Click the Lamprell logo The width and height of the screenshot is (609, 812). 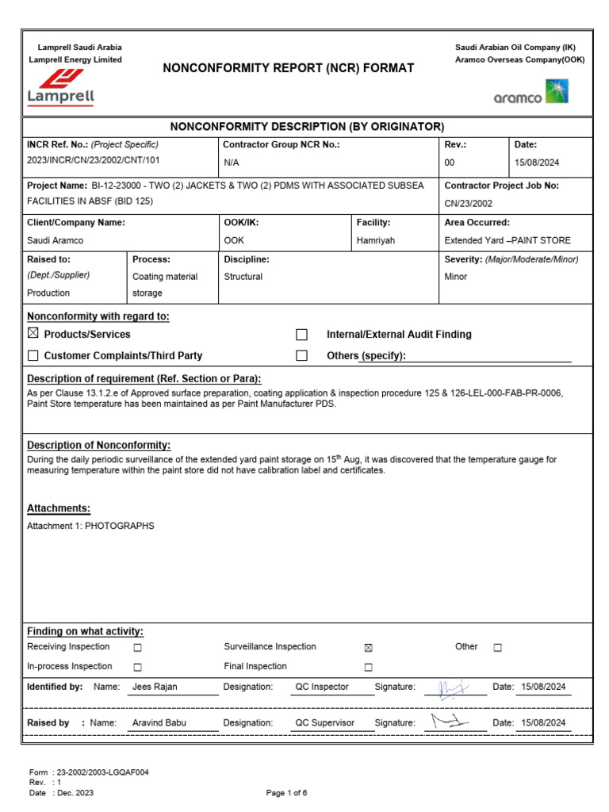(x=61, y=87)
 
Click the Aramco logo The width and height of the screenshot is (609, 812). (x=530, y=94)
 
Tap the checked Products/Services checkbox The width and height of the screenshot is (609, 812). (x=33, y=334)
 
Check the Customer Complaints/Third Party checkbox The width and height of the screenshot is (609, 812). (x=33, y=355)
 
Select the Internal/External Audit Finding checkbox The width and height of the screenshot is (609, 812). (x=301, y=335)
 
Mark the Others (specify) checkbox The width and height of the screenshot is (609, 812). (x=301, y=356)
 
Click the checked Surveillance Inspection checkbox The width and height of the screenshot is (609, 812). (x=368, y=648)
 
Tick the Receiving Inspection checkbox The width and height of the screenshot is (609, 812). (x=137, y=648)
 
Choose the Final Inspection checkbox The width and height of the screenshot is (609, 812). (x=368, y=667)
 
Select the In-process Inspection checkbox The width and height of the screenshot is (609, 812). (x=137, y=667)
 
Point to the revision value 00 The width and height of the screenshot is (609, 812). (x=450, y=162)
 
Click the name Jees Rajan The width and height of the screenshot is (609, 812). (x=155, y=687)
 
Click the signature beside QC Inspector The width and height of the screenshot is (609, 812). (x=454, y=686)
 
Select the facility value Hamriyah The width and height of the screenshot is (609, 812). (x=375, y=240)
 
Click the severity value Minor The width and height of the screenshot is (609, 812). (x=457, y=277)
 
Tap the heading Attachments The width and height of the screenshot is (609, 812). (x=59, y=508)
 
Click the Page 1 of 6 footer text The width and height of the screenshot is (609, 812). (x=286, y=793)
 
